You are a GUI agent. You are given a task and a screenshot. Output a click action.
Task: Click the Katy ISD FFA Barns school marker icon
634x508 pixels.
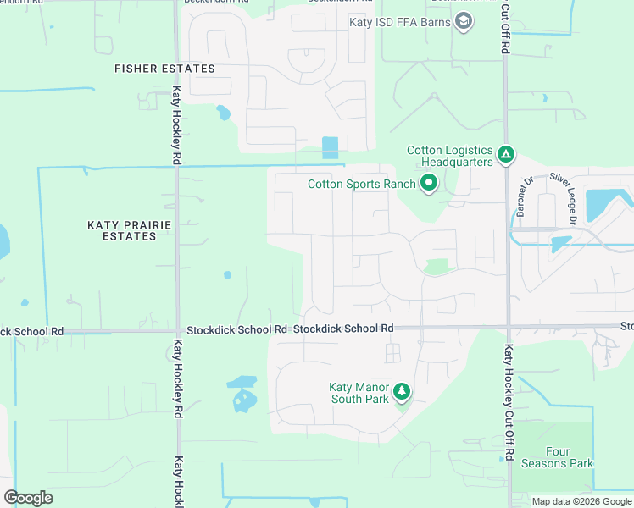[x=464, y=21]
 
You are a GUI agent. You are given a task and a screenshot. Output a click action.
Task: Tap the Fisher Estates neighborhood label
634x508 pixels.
[x=165, y=69]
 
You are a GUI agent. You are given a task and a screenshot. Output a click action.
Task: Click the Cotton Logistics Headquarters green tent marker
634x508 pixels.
[x=506, y=154]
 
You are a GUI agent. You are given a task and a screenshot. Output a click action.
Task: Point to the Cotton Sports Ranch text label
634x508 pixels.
[x=361, y=184]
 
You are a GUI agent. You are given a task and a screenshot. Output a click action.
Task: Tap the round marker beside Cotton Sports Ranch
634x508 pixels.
[x=429, y=183]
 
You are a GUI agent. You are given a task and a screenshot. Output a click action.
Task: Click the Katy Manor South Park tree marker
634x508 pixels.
[x=403, y=391]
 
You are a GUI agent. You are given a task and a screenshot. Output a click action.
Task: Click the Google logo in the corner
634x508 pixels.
[x=28, y=498]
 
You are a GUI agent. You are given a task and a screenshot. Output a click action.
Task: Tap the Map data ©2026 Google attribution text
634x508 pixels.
[x=581, y=501]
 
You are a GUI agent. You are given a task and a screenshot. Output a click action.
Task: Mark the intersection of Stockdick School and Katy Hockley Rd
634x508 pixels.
[x=177, y=331]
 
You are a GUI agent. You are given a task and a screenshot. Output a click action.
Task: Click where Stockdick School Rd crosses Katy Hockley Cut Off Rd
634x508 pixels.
[x=509, y=326]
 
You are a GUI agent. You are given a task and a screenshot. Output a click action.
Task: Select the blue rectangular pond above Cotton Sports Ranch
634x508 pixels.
[x=330, y=147]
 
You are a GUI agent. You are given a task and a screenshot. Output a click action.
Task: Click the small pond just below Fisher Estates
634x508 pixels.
[x=222, y=113]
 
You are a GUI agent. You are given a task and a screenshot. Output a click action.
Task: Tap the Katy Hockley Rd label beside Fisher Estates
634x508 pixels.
[x=177, y=124]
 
